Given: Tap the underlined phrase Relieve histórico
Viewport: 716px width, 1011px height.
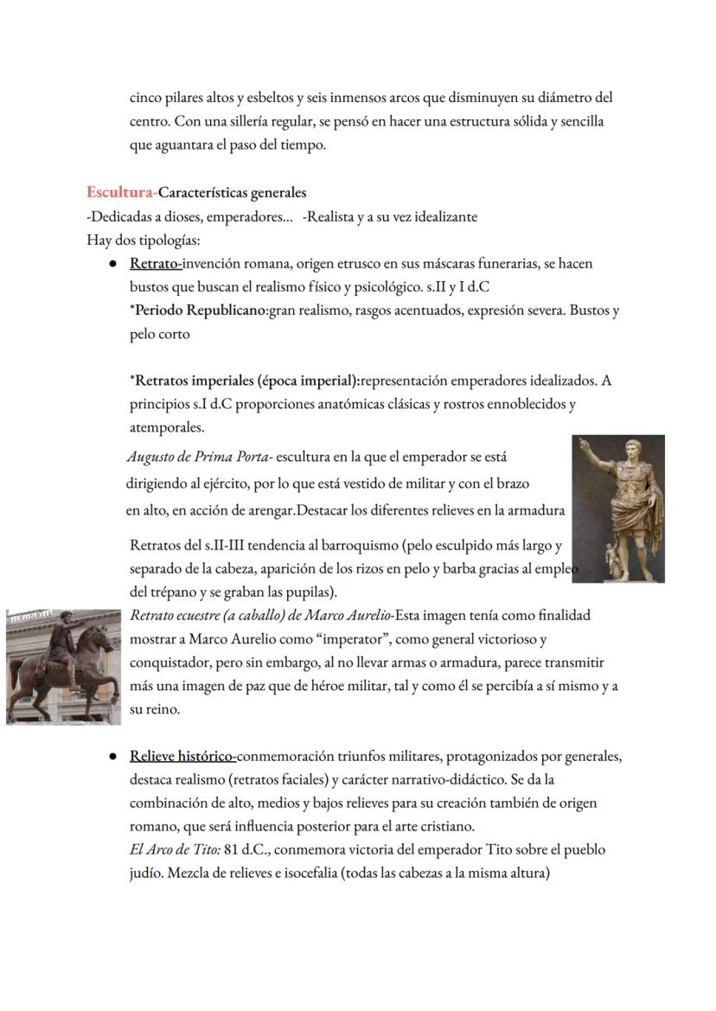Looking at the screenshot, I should pos(182,756).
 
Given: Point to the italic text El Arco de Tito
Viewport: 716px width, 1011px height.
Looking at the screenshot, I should pos(174,849).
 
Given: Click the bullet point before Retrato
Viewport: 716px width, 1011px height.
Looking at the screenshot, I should pos(113,264).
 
